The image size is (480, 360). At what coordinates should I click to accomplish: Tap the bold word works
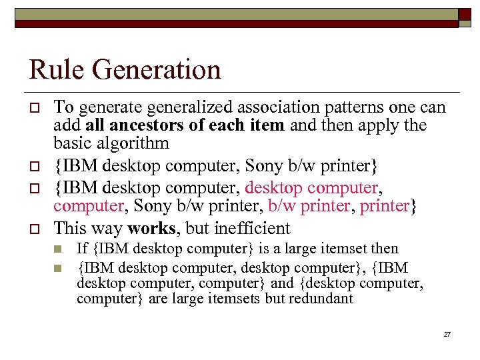152,229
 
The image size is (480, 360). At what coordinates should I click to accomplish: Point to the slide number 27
447,333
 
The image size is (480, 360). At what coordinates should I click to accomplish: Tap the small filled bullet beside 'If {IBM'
58,249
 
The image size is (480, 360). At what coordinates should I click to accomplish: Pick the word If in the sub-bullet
82,249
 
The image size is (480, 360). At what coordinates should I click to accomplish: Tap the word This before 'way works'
71,229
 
